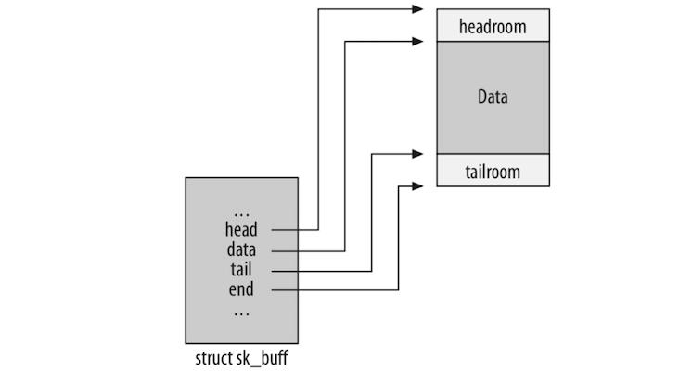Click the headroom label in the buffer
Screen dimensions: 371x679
pos(493,27)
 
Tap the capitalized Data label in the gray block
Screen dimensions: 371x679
pos(493,96)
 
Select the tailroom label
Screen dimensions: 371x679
pos(493,172)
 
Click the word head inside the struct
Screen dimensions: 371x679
pos(241,230)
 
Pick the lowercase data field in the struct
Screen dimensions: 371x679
pos(241,250)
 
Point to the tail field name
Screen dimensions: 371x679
pos(241,270)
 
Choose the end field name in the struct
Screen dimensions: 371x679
pos(241,290)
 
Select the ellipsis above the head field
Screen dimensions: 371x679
pos(241,211)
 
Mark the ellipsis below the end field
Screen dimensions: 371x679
pos(241,311)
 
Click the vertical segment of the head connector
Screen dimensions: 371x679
pos(318,121)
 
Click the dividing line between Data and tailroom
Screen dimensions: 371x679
pos(493,154)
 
